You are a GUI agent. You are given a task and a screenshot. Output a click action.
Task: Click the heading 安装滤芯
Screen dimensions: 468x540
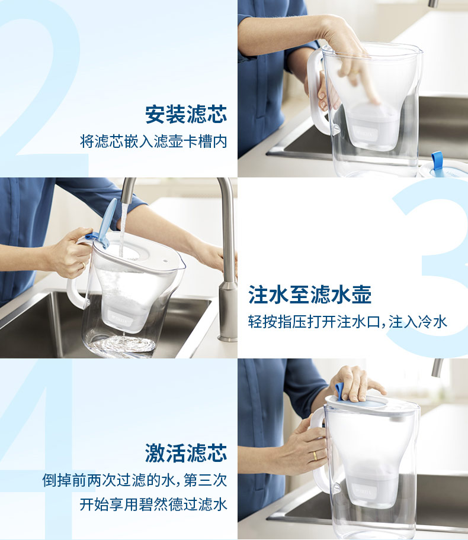[186, 114]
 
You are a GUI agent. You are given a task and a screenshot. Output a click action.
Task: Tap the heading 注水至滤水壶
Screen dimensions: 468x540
[310, 295]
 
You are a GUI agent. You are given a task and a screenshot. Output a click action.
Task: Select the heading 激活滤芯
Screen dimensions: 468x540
[186, 453]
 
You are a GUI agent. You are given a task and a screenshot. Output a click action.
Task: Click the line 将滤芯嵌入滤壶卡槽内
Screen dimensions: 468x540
[153, 141]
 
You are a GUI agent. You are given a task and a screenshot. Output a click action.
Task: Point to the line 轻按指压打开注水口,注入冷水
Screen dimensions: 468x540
[347, 322]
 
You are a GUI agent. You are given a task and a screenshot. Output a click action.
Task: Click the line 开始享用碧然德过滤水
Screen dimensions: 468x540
[153, 505]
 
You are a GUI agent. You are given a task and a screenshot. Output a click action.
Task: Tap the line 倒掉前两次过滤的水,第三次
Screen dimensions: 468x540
[135, 480]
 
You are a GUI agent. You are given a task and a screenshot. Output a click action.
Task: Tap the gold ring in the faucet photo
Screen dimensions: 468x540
[83, 265]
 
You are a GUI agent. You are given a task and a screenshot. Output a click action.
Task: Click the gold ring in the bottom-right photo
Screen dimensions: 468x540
[315, 455]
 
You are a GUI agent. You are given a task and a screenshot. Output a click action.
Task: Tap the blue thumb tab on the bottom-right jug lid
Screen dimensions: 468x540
[339, 392]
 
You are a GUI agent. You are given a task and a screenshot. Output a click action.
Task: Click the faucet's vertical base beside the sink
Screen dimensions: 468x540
[227, 310]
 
